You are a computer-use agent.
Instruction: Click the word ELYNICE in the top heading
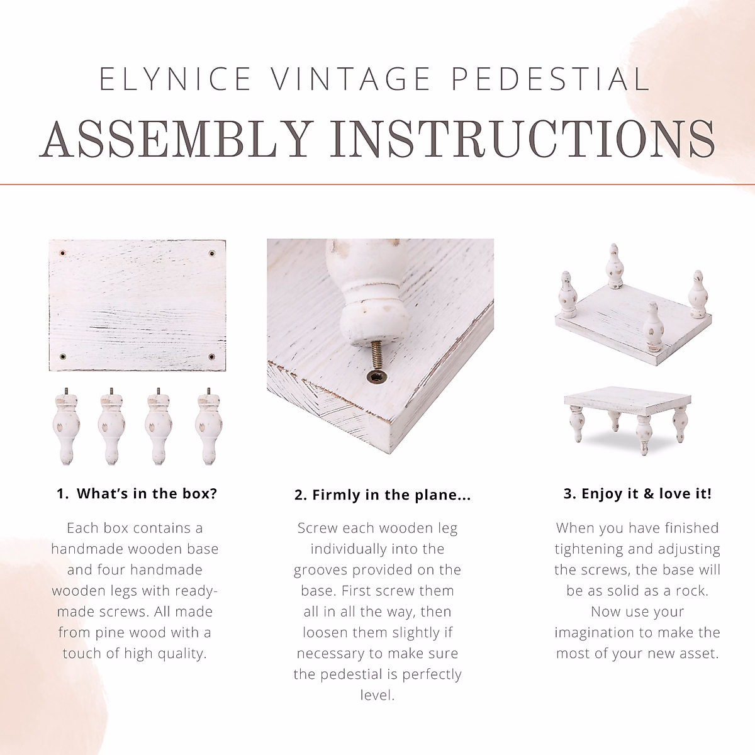(175, 79)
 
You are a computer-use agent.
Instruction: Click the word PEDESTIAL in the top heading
(551, 79)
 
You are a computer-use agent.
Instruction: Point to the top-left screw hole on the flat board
(62, 253)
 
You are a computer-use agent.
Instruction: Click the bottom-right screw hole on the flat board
(211, 357)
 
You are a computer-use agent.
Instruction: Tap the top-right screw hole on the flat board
(212, 253)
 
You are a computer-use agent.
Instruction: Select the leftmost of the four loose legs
(66, 427)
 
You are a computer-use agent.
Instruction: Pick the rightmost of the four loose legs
(208, 427)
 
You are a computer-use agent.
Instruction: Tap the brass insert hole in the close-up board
(376, 377)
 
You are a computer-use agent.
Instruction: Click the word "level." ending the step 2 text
(377, 695)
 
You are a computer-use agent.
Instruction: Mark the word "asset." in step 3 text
(700, 654)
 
